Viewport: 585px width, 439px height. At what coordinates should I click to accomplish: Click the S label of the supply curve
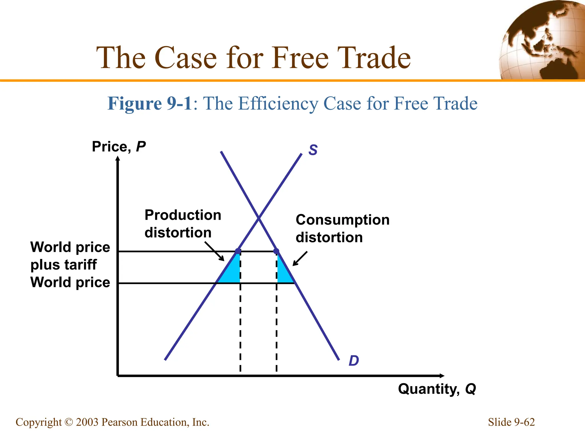coord(313,150)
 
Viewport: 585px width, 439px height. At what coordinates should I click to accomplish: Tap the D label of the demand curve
coord(354,361)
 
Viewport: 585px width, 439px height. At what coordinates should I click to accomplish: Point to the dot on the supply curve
coord(238,251)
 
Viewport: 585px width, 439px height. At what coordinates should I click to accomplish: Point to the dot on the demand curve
coord(276,251)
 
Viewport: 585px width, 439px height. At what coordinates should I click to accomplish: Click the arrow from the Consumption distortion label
coord(300,259)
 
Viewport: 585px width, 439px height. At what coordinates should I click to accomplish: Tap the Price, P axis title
coord(119,147)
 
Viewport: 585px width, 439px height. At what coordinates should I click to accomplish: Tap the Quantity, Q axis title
coord(437,389)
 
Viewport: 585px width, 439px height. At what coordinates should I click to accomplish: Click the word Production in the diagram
coord(183,215)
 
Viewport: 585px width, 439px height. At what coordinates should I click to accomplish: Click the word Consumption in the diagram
coord(342,220)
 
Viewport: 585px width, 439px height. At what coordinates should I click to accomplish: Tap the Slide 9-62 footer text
coord(511,422)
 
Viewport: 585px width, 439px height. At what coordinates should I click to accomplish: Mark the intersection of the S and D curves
coord(259,219)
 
